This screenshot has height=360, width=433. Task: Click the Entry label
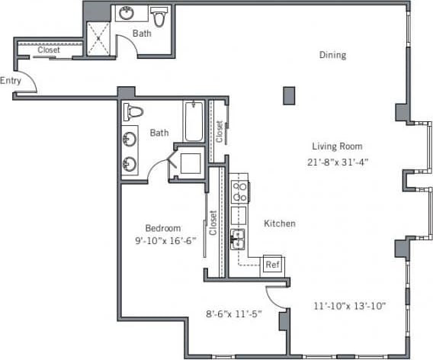pyautogui.click(x=11, y=80)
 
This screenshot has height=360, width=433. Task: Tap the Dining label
pyautogui.click(x=332, y=55)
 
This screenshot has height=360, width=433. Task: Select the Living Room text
pyautogui.click(x=336, y=146)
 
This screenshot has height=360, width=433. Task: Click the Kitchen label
pyautogui.click(x=280, y=223)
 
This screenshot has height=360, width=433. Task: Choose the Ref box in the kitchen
pyautogui.click(x=271, y=265)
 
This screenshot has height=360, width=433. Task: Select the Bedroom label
pyautogui.click(x=163, y=228)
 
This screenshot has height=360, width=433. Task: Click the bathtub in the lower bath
pyautogui.click(x=194, y=122)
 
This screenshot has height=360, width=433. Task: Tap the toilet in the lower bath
pyautogui.click(x=135, y=111)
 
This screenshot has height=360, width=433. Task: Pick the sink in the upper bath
pyautogui.click(x=126, y=14)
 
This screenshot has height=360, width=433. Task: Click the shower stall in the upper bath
pyautogui.click(x=98, y=37)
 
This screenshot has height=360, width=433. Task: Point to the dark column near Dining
pyautogui.click(x=289, y=95)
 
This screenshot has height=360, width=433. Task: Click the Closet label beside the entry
pyautogui.click(x=49, y=50)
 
